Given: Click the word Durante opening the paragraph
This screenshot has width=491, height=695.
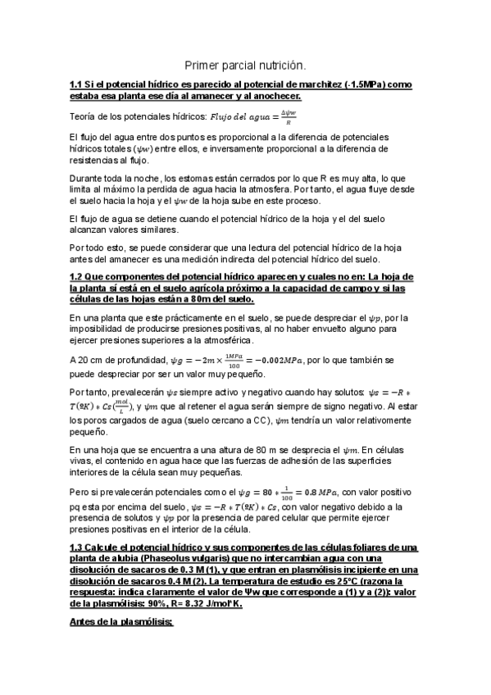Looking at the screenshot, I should coord(90,177).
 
